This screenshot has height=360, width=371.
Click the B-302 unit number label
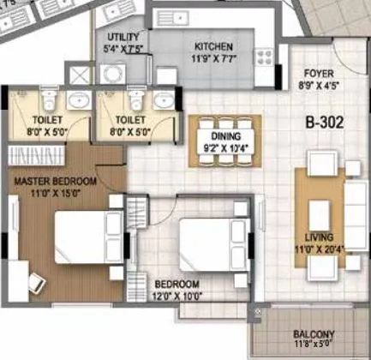325,123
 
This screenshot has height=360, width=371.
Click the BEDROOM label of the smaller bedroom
177,284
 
